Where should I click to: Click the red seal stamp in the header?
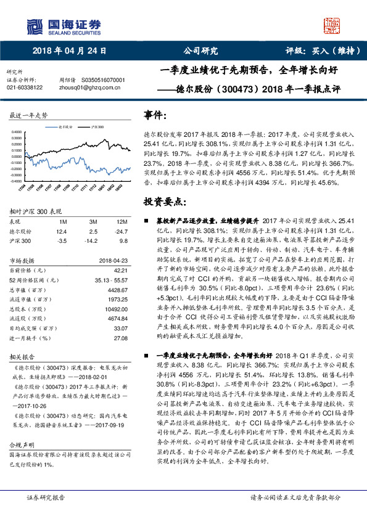[x=332, y=25]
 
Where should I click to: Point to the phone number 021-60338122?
[x=25, y=88]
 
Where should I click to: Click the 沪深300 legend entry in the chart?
[x=96, y=126]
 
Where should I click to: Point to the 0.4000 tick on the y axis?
[x=20, y=131]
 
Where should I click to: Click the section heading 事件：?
[x=155, y=115]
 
